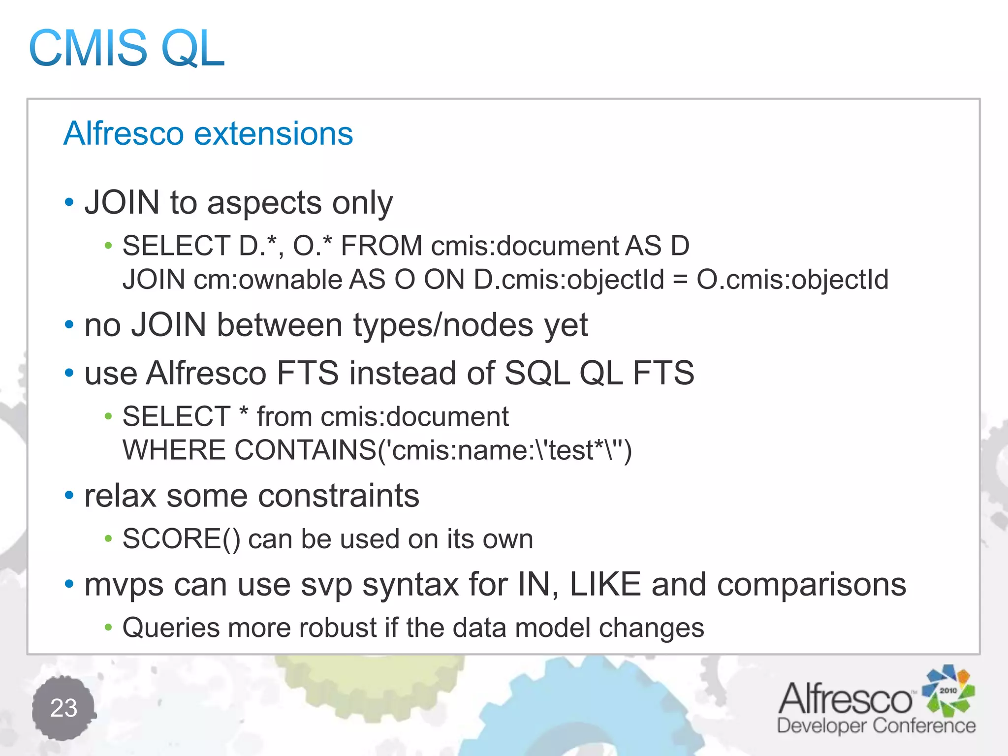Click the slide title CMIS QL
pos(127,48)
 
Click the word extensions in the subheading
pos(274,133)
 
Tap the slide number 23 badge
pos(64,708)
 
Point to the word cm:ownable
pos(268,280)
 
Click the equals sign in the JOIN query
pos(680,280)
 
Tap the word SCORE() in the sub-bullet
pos(181,538)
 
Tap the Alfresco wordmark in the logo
pos(846,699)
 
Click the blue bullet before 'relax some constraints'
pos(69,496)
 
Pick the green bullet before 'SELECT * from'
pos(108,417)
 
